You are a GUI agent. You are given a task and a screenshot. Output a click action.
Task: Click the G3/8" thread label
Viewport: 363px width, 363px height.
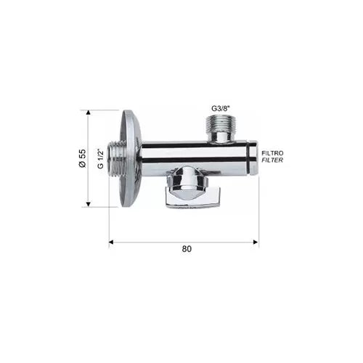[221, 108]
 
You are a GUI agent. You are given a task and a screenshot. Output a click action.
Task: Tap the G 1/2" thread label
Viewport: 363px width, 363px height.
[100, 159]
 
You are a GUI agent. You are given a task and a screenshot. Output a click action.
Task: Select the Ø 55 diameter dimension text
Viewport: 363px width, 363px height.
[82, 158]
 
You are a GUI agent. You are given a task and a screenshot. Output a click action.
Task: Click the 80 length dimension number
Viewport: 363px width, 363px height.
[187, 249]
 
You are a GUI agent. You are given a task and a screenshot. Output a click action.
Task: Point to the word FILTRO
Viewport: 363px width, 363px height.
[272, 153]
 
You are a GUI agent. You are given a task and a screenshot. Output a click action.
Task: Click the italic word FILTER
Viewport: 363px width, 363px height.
[272, 160]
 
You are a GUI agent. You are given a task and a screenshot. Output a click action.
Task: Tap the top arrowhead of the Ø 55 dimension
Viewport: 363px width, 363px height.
[89, 113]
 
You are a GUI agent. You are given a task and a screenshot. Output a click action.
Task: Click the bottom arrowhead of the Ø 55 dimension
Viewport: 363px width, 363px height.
[89, 204]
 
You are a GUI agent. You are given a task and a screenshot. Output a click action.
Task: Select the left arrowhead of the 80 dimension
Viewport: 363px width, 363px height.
[112, 242]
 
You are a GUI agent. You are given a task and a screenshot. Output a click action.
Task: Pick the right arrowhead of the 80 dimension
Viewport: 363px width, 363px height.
[256, 242]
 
